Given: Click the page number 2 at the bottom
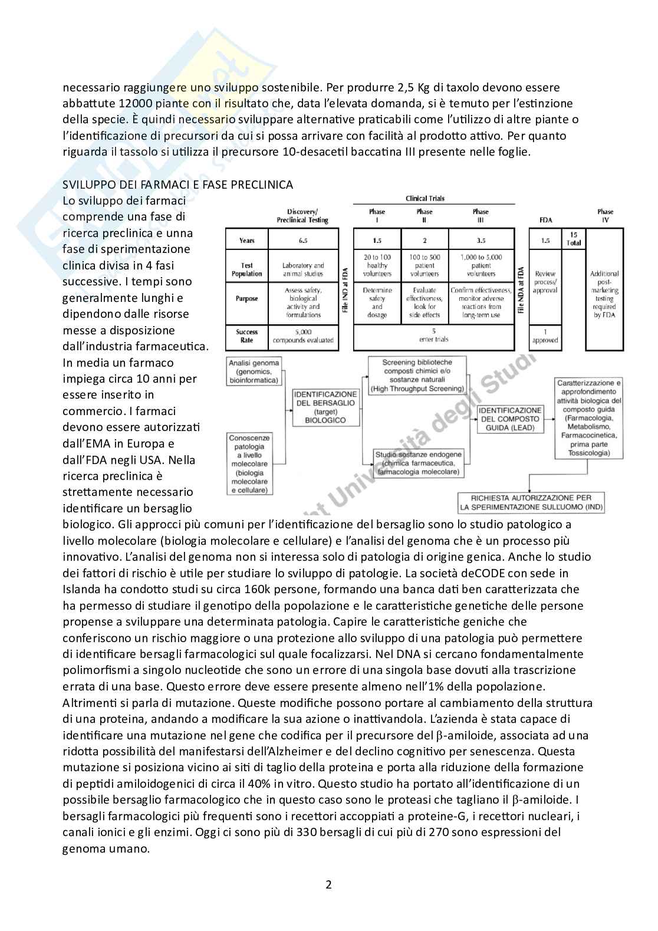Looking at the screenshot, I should pos(328,884).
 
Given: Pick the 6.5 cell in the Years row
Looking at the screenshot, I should pos(303,241).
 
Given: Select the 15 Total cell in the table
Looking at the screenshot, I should pos(573,239).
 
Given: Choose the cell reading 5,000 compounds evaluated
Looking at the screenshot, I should pos(303,336).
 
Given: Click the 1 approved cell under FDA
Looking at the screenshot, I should pos(545,336).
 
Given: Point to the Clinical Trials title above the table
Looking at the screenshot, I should pos(425,199).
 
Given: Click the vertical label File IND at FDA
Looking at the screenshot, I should pos(346,290).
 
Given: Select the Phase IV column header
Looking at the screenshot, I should pos(605,215).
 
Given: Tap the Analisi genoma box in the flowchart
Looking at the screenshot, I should pos(255,371).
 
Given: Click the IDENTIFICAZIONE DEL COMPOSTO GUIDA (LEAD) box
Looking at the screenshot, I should pos(510,419).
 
